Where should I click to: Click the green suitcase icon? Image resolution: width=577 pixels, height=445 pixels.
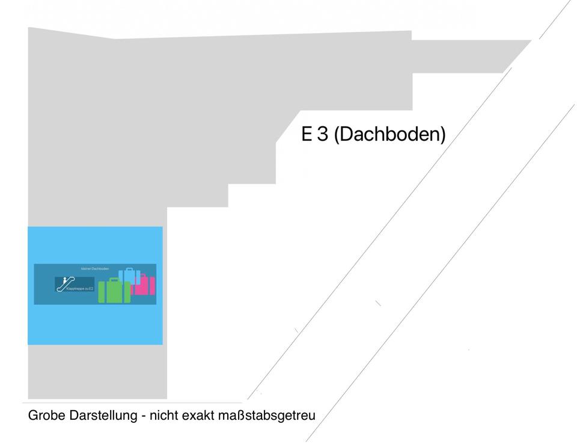pyautogui.click(x=114, y=292)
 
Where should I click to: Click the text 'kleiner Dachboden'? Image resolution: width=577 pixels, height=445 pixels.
pyautogui.click(x=95, y=268)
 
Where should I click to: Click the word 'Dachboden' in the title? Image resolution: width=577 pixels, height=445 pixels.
pyautogui.click(x=390, y=134)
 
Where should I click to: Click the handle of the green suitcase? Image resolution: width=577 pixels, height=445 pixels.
pyautogui.click(x=114, y=280)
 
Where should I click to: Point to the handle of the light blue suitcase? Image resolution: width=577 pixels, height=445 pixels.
pyautogui.click(x=129, y=269)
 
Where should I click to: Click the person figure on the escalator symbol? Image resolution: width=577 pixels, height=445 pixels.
pyautogui.click(x=64, y=280)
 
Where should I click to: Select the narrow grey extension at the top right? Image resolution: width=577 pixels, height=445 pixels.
pyautogui.click(x=463, y=56)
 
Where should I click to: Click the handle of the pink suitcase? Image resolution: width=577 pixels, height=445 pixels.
pyautogui.click(x=144, y=275)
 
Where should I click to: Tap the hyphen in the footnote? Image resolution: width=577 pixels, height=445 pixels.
pyautogui.click(x=145, y=416)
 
